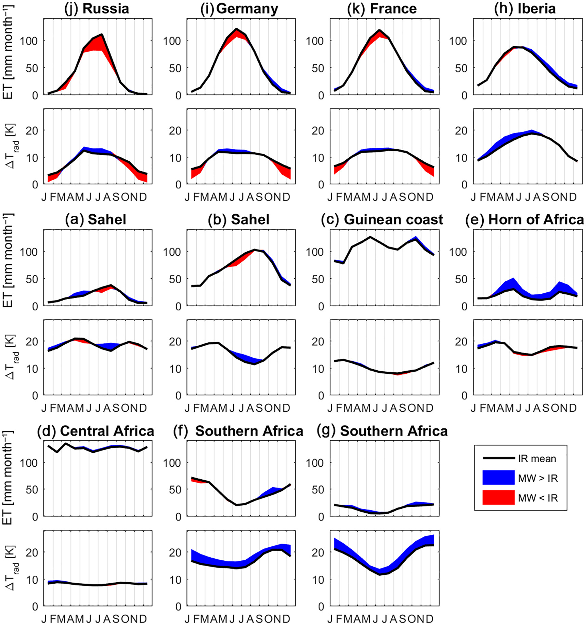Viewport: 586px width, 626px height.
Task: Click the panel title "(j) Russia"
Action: point(97,9)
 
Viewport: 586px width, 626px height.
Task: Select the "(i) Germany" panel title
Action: point(239,9)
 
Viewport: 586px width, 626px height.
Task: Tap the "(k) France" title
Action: point(382,9)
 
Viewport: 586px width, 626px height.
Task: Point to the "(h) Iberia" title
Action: point(525,9)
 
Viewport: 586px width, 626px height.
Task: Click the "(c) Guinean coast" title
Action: point(382,219)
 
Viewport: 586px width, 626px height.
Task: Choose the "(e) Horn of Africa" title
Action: point(524,219)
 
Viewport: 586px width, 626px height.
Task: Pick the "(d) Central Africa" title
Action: point(96,431)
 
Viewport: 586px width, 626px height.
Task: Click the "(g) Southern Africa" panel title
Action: point(382,431)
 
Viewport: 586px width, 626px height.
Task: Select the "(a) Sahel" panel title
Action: point(96,219)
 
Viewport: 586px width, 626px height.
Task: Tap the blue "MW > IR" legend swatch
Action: point(498,478)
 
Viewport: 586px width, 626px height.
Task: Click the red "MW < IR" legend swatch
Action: point(498,497)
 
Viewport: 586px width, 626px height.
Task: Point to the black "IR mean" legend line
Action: point(498,458)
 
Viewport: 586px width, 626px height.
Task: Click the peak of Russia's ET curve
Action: point(102,34)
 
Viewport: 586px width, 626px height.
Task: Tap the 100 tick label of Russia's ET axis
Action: point(28,41)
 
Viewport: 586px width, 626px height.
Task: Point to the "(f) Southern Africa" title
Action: point(238,431)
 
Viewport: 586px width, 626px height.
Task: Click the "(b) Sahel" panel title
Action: point(239,219)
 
